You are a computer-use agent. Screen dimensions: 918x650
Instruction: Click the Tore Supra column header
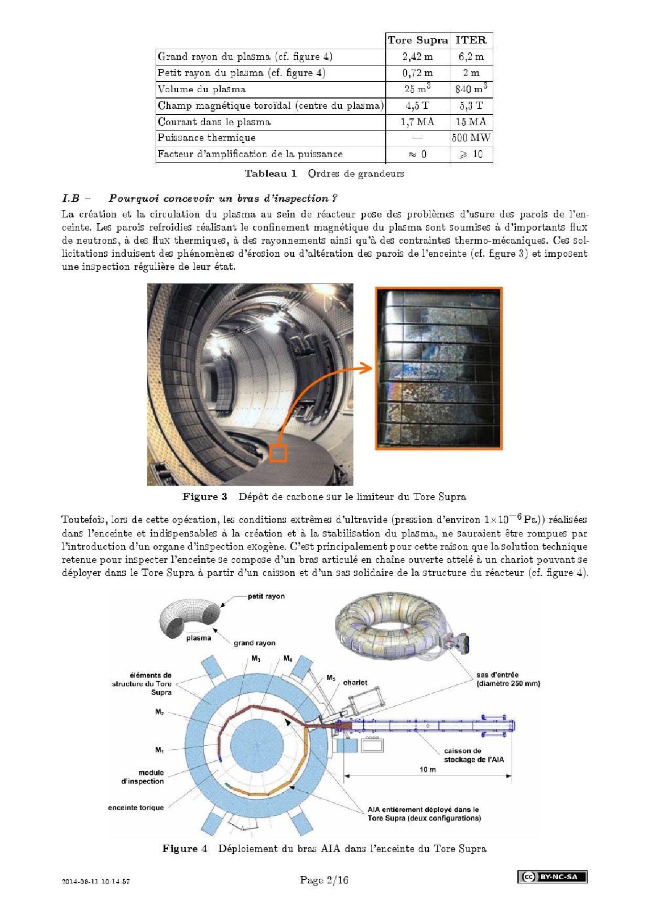click(x=418, y=40)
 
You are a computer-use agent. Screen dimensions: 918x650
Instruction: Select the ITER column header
click(x=471, y=40)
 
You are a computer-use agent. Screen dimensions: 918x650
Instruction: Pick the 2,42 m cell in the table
click(x=418, y=57)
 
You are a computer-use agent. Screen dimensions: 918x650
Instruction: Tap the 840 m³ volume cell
click(x=471, y=89)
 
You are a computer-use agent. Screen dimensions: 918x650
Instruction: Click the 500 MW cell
click(x=471, y=138)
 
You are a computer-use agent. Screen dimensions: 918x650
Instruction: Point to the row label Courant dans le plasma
click(x=214, y=122)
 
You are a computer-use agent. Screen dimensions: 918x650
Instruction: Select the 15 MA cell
click(x=471, y=122)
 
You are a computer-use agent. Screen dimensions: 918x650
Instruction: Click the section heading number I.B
click(x=71, y=199)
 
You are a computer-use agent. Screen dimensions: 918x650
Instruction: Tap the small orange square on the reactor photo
click(x=278, y=453)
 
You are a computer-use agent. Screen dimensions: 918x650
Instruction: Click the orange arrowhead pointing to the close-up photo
click(x=367, y=368)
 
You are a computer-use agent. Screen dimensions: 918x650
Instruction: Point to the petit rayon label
click(x=266, y=596)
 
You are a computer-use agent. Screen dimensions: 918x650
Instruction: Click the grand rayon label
click(x=254, y=643)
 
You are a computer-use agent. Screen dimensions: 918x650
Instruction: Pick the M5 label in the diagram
click(x=331, y=678)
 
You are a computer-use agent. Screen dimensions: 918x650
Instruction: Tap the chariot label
click(x=355, y=683)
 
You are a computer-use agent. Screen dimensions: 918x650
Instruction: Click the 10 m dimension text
click(x=427, y=770)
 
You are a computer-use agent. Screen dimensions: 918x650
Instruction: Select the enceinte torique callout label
click(x=136, y=807)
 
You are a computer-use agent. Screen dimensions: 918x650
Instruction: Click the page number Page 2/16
click(x=324, y=880)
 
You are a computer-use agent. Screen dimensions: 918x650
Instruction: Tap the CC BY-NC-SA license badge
click(x=552, y=877)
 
